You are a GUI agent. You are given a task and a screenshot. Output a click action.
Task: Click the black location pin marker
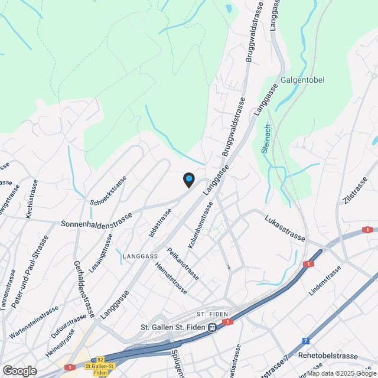(188, 179)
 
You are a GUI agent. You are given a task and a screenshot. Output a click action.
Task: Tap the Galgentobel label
(303, 80)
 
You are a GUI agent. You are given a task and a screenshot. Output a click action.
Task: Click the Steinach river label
(266, 138)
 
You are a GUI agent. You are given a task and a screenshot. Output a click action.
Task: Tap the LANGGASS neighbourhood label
(141, 256)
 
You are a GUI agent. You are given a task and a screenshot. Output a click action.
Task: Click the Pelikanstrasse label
(183, 263)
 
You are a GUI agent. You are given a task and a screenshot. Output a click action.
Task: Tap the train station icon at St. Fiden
(211, 328)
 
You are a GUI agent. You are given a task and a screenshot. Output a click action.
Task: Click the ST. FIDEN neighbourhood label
(208, 313)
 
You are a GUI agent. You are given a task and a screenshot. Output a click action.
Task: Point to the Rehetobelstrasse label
(328, 356)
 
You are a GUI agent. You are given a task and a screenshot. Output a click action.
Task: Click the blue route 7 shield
(305, 341)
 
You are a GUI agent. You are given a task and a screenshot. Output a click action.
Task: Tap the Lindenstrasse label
(325, 281)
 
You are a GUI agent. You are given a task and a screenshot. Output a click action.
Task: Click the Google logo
(19, 370)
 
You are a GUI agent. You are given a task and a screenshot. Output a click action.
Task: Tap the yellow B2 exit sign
(100, 359)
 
